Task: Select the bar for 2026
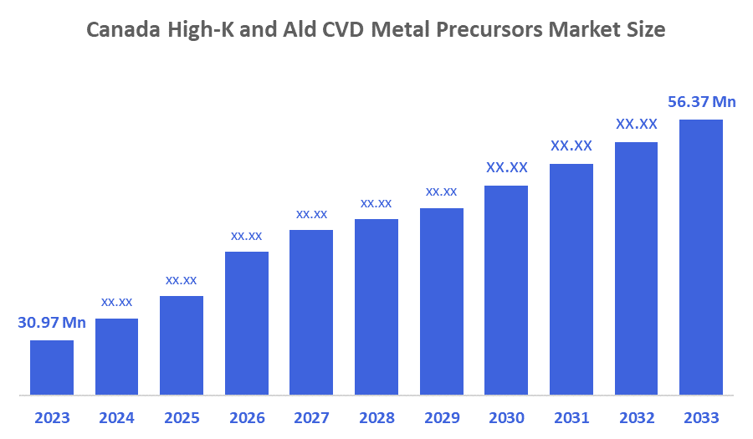247,322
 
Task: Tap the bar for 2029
442,300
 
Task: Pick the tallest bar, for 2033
701,256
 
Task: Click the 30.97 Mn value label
52,322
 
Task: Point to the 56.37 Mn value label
701,102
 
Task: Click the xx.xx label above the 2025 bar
182,279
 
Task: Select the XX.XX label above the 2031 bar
571,145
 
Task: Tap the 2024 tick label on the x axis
116,417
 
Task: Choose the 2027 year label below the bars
311,417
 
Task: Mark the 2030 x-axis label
506,417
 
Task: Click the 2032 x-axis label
636,417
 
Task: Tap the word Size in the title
647,30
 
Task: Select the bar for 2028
376,306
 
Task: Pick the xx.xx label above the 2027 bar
311,214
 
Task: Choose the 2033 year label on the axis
701,417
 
